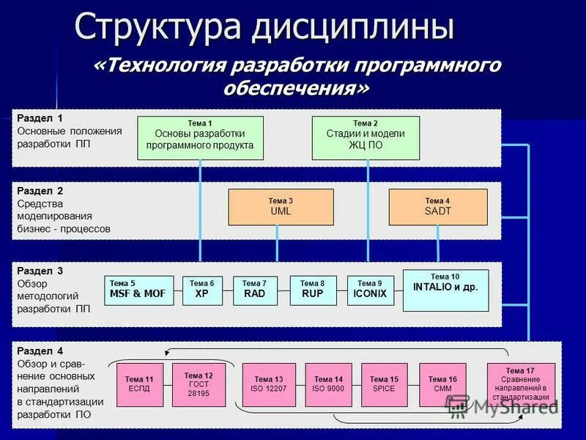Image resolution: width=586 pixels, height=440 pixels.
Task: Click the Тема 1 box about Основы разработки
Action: [200, 138]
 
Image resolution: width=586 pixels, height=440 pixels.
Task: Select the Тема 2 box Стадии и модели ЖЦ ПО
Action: [366, 138]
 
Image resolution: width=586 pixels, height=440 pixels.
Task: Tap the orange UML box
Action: [281, 207]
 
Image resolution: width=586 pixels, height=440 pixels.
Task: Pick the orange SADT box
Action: [437, 207]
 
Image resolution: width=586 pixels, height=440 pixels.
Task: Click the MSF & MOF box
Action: [139, 290]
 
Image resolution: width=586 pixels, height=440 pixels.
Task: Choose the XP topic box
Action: [202, 290]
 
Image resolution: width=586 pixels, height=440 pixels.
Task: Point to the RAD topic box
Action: [254, 290]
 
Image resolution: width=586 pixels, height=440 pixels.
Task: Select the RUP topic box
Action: [313, 290]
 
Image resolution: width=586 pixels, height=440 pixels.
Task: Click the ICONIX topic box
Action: [370, 290]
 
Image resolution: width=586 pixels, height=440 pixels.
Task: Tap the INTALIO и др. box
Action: [445, 290]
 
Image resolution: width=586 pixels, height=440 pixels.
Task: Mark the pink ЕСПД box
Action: [139, 384]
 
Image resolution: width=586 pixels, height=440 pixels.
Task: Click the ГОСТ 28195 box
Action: [198, 384]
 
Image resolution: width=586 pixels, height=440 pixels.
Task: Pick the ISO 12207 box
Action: [269, 384]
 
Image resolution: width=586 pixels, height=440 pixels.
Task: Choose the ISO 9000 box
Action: [328, 384]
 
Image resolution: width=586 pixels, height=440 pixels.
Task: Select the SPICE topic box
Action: [384, 384]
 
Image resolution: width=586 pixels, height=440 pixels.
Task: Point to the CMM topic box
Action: [442, 384]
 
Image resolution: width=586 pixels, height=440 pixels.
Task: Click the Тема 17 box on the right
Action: [520, 384]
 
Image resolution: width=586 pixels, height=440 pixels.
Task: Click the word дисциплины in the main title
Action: [353, 27]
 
